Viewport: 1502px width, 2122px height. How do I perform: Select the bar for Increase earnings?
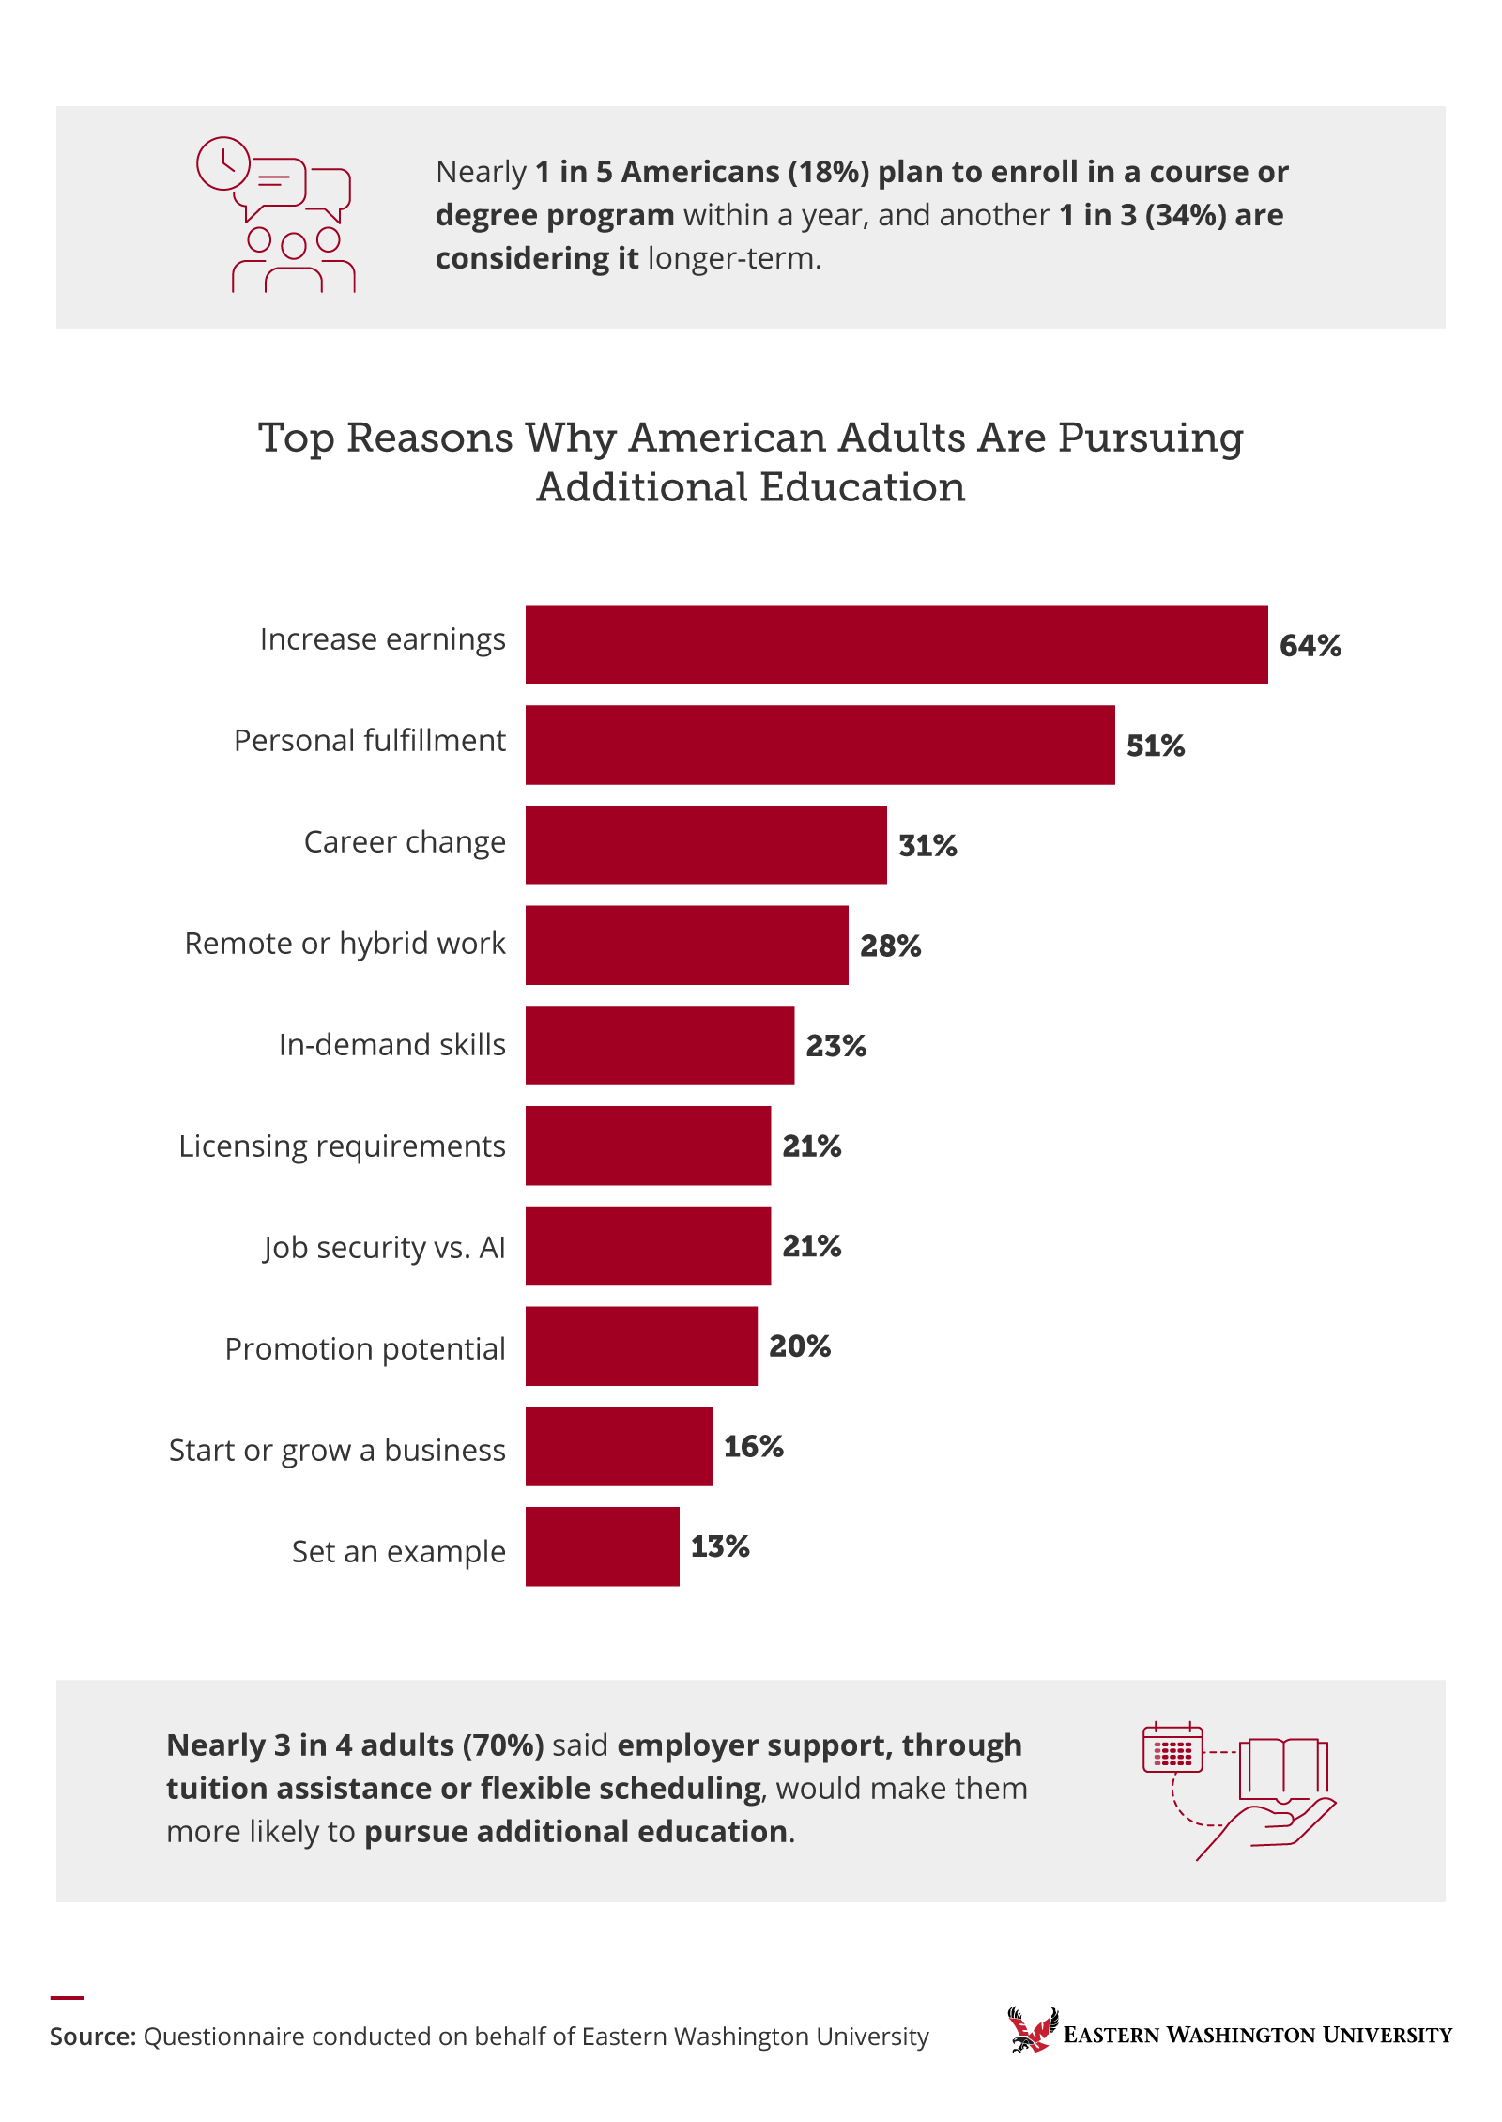click(897, 644)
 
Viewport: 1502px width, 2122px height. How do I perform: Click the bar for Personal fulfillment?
click(820, 745)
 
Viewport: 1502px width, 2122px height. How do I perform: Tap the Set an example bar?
click(602, 1546)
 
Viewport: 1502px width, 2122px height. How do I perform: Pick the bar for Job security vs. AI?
click(648, 1246)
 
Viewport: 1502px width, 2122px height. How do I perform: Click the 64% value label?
click(1310, 646)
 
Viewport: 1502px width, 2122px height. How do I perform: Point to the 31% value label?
click(927, 846)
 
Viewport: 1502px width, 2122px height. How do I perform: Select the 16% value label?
click(753, 1447)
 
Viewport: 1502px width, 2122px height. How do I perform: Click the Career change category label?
click(405, 842)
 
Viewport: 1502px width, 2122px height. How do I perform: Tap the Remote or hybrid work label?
click(345, 944)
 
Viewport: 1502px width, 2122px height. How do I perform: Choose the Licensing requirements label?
click(342, 1146)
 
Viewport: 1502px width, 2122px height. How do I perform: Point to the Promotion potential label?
click(364, 1349)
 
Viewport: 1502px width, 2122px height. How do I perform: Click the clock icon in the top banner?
click(223, 163)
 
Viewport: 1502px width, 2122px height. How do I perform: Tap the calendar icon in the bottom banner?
click(1172, 1748)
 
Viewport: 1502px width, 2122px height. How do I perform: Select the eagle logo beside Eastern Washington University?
click(1032, 2030)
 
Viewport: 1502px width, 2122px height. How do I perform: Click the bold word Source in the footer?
click(92, 2037)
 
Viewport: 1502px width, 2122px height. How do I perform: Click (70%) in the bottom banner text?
click(504, 1745)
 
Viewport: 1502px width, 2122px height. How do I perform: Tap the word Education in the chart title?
click(862, 487)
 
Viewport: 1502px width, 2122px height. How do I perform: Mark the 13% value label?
click(720, 1547)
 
